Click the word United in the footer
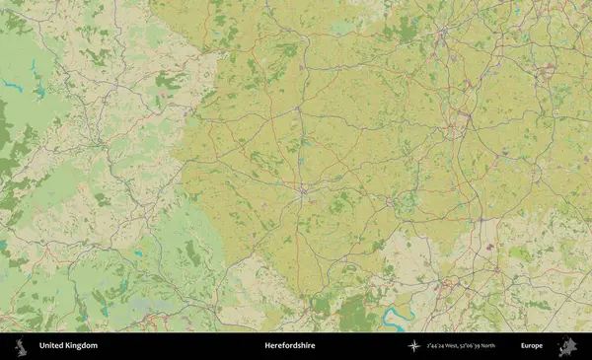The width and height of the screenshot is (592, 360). tap(50, 346)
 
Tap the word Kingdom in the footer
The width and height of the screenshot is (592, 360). tap(81, 346)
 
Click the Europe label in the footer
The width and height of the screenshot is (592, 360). tap(532, 346)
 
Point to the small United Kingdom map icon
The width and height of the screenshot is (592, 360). tap(20, 346)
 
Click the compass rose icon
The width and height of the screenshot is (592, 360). tap(414, 346)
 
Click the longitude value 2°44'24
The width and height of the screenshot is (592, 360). tap(438, 346)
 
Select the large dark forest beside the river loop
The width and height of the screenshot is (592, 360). tap(355, 314)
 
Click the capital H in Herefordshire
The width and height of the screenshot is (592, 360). tap(267, 346)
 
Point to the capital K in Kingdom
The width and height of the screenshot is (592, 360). tap(68, 346)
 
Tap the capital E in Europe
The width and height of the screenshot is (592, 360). tap(523, 346)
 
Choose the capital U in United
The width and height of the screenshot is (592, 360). tap(41, 346)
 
